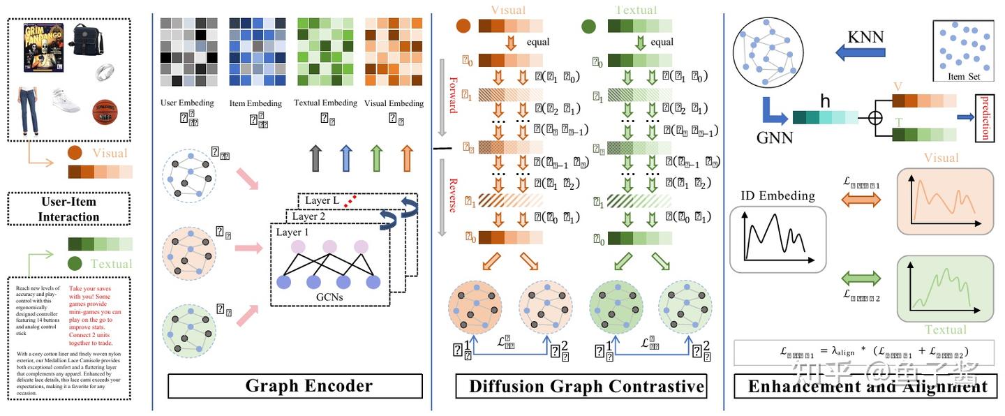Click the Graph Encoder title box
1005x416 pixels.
295,386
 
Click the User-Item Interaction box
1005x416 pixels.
68,209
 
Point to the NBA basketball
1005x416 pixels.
105,112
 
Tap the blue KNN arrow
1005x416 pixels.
860,52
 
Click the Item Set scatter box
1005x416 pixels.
963,50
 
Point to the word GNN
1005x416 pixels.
775,138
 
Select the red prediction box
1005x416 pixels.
985,117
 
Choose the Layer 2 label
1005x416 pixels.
308,216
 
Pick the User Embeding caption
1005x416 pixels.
187,103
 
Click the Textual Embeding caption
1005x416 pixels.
325,103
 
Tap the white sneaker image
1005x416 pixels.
66,102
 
